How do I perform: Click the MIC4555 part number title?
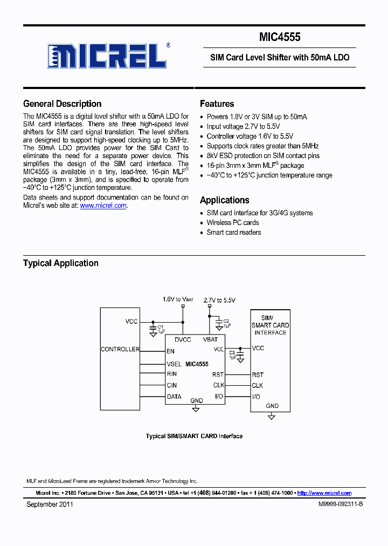(x=279, y=37)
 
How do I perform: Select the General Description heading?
(x=62, y=104)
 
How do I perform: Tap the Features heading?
(x=217, y=104)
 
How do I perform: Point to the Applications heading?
(x=224, y=200)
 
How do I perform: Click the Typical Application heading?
(x=60, y=263)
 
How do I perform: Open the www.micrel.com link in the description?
(x=103, y=206)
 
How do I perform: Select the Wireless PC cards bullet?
(x=233, y=223)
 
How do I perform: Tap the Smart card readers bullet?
(x=234, y=233)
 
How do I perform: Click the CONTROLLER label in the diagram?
(x=120, y=350)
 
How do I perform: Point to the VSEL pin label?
(x=174, y=364)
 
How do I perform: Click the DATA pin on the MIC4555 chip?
(x=174, y=397)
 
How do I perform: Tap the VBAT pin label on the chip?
(x=210, y=340)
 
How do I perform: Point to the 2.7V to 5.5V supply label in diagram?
(x=219, y=300)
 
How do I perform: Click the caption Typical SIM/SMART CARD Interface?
(x=194, y=436)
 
